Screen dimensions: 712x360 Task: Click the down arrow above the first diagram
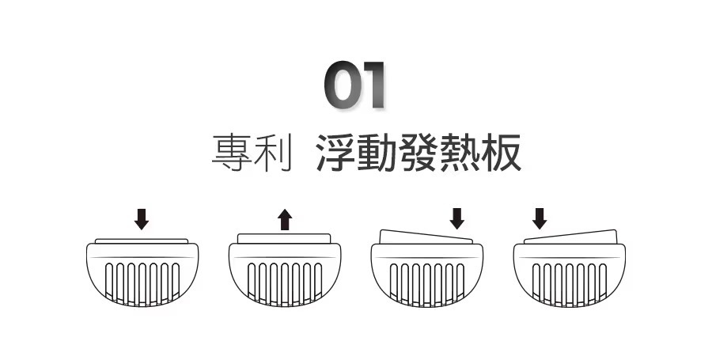pos(142,219)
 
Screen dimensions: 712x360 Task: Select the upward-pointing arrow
pos(285,219)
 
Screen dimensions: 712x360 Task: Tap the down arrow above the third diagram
pos(456,218)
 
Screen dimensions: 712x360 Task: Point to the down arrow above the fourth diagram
pos(540,218)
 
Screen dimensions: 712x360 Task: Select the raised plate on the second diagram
pos(284,237)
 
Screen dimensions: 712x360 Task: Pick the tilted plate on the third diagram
pos(426,237)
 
